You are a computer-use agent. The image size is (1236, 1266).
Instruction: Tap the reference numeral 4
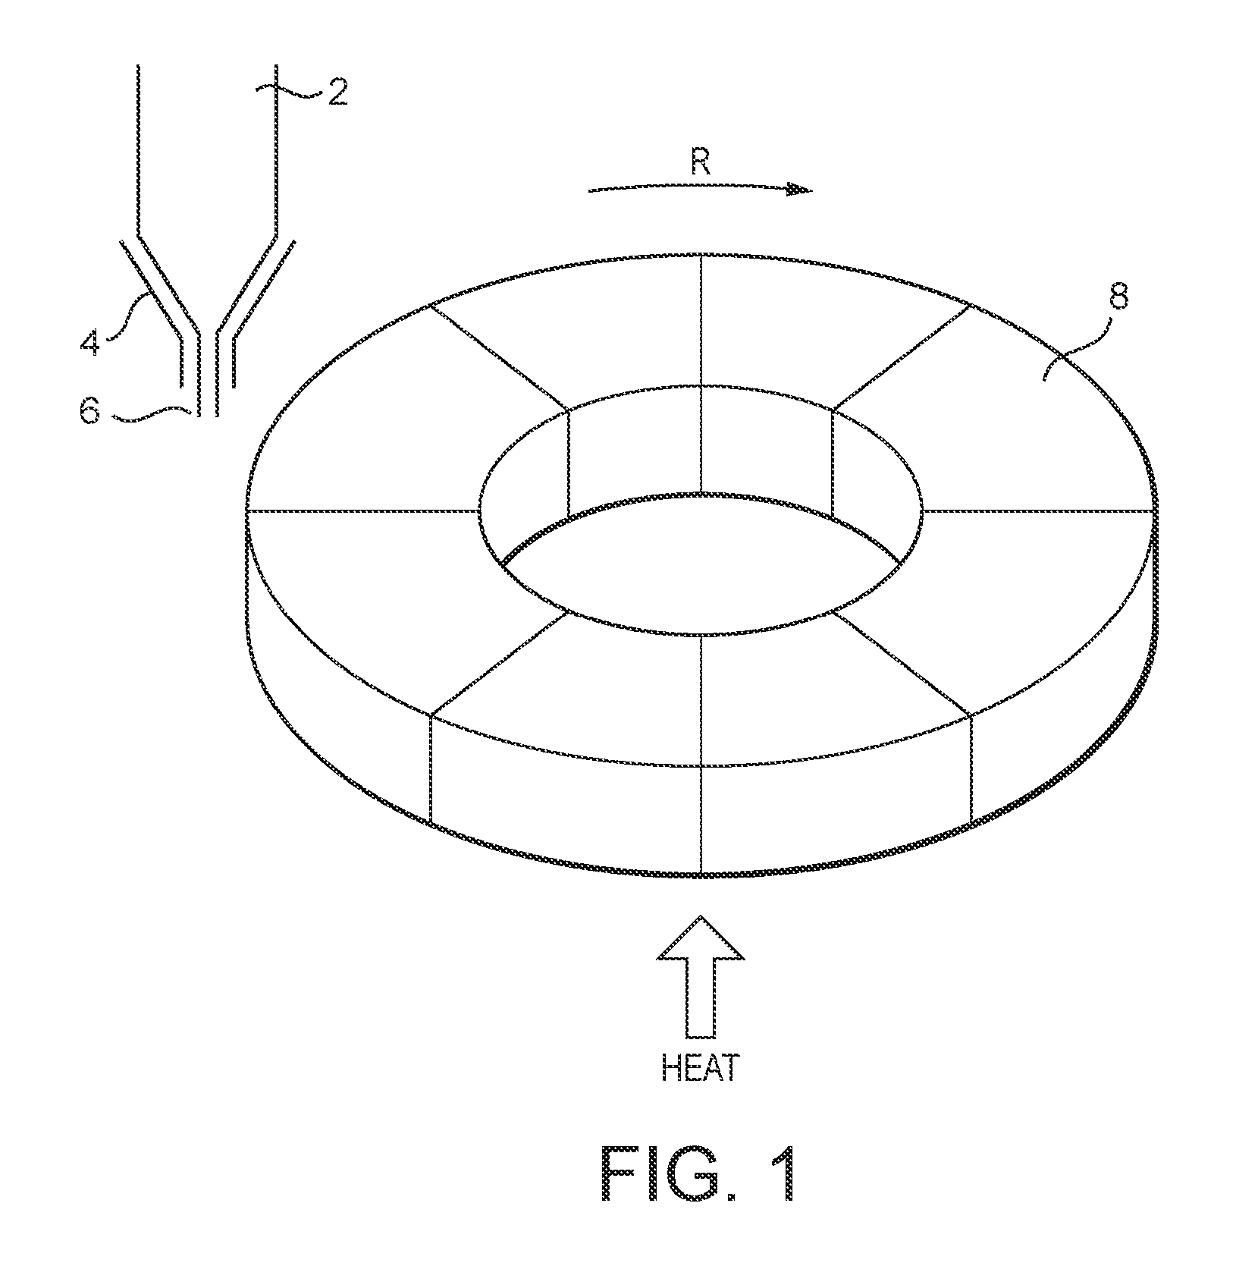tap(90, 341)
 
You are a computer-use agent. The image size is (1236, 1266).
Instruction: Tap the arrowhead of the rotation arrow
tap(799, 190)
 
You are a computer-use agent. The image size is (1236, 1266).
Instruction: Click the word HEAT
tap(699, 1068)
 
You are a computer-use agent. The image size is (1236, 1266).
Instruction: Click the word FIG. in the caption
tap(670, 1173)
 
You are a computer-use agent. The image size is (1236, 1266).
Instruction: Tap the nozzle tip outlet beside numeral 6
tap(208, 414)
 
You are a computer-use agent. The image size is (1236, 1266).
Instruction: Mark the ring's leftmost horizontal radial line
tap(363, 510)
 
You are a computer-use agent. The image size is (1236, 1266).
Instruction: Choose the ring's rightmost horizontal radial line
tap(1039, 510)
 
